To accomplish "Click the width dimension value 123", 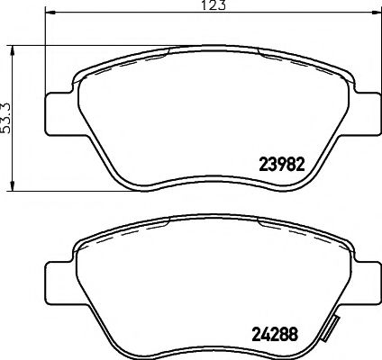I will click(x=214, y=6).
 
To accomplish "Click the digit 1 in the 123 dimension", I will click(x=204, y=6).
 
